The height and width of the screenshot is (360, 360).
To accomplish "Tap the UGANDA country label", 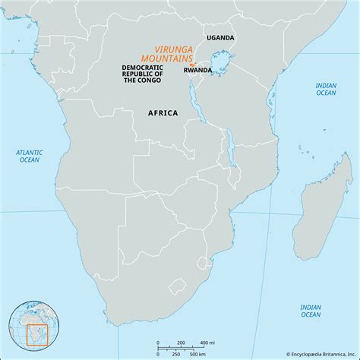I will coord(220,37).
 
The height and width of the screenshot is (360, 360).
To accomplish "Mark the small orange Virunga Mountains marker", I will coord(192,64).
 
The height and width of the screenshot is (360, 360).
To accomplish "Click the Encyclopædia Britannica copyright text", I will coord(311,353).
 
